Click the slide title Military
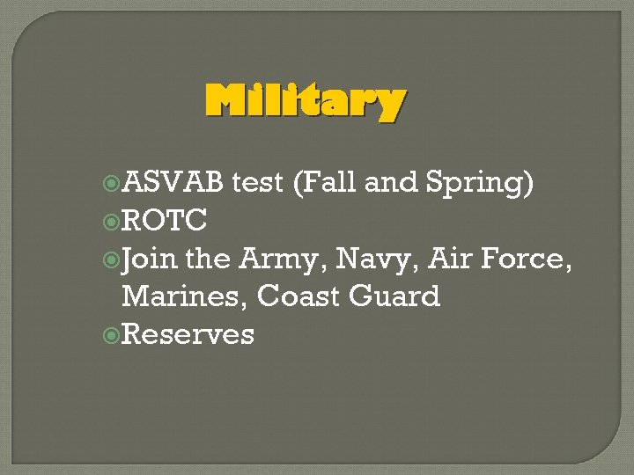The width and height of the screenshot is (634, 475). pos(305,103)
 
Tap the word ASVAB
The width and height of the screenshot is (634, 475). pos(174,183)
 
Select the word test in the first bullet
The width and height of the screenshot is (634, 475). pos(261,183)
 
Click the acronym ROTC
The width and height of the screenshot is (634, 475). pos(164,221)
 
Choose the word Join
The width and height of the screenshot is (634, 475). pos(150,259)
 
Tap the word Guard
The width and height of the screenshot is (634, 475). pos(395,296)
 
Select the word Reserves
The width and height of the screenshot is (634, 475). pos(188,334)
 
